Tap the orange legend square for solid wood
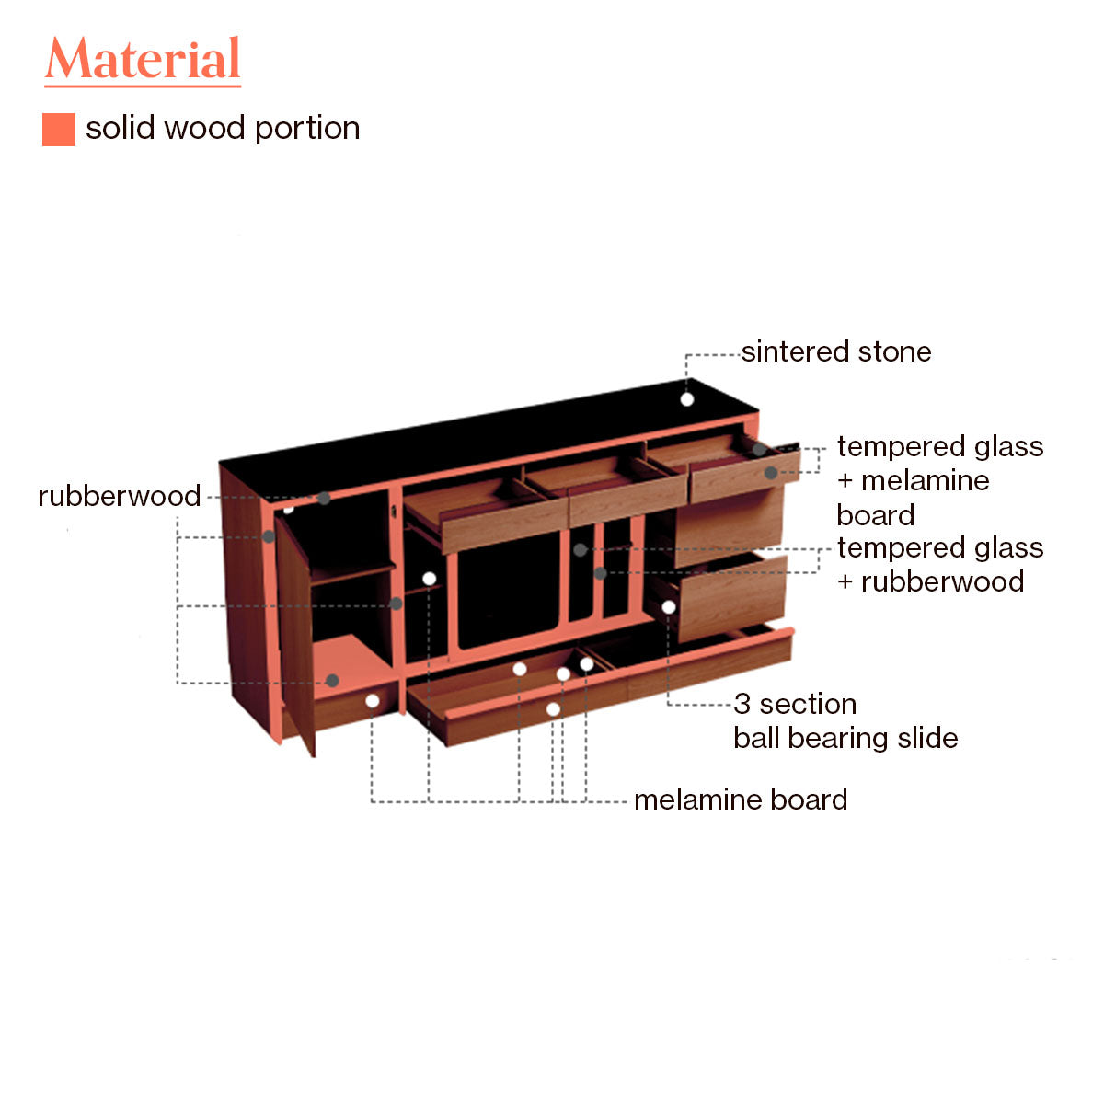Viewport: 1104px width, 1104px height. tap(58, 130)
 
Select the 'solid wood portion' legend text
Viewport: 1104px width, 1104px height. tap(223, 129)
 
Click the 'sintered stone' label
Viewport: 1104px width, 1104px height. tap(835, 352)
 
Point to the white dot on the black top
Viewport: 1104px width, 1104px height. tap(686, 399)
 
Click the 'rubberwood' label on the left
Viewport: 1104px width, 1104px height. tap(120, 497)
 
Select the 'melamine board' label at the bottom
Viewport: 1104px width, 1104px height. tap(741, 800)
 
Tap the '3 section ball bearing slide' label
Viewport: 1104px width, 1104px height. tap(845, 721)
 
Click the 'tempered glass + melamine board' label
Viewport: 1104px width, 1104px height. tap(939, 480)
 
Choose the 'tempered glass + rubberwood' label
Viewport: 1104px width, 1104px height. tap(939, 565)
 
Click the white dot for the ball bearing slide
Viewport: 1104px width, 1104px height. tap(669, 607)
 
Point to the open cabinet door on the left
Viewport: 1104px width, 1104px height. tap(294, 635)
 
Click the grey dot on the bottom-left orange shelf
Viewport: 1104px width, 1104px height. tap(333, 681)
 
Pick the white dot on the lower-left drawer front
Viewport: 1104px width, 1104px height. tap(373, 701)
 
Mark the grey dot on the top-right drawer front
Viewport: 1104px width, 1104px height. tap(771, 473)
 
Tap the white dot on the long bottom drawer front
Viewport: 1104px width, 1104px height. tap(553, 709)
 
